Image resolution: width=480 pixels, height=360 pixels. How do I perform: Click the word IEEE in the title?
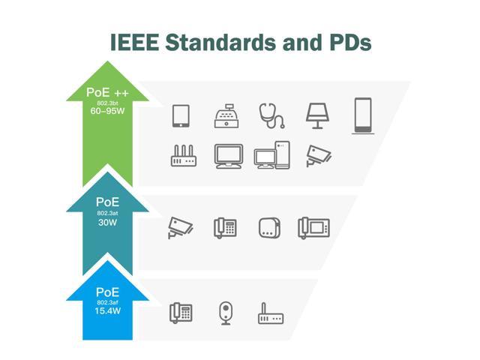pos(135,42)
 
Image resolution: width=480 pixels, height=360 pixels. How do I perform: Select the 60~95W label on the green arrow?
pos(107,111)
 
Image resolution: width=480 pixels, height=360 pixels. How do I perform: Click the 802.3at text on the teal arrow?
pos(107,213)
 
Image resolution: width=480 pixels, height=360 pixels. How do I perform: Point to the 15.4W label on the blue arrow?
pos(107,311)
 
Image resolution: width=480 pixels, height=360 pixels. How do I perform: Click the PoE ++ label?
pos(107,92)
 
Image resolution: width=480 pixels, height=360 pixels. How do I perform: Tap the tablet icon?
pos(181,116)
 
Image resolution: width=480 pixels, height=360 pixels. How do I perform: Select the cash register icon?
pos(226,116)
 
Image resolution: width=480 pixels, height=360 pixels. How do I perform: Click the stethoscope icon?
pos(272,116)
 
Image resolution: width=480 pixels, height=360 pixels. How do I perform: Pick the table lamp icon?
pos(318,116)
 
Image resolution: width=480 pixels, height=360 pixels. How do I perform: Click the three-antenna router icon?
pos(183,156)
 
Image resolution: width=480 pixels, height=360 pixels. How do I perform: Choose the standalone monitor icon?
pos(229,156)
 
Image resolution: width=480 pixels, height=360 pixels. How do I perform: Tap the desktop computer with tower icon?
pos(271,155)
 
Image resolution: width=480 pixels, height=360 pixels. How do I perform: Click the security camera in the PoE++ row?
pos(318,156)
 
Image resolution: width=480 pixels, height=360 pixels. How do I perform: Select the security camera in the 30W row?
pos(180,228)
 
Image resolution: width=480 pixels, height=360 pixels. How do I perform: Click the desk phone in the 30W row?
pos(225,228)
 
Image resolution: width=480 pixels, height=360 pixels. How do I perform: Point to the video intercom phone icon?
pos(313,228)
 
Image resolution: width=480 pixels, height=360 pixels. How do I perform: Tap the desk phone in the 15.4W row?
pos(181,313)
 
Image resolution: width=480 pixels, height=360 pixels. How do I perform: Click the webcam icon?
pos(226,313)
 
